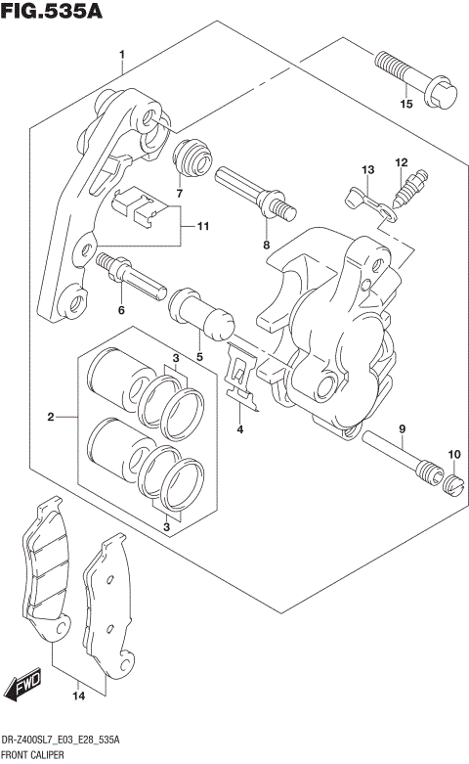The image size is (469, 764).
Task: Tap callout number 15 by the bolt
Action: pyautogui.click(x=405, y=104)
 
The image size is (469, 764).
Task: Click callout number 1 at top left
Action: pyautogui.click(x=121, y=54)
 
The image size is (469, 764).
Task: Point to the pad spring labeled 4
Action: pyautogui.click(x=238, y=375)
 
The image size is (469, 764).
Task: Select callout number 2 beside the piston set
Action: pyautogui.click(x=50, y=419)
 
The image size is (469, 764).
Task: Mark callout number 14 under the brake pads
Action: pyautogui.click(x=78, y=696)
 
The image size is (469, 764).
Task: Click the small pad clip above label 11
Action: pyautogui.click(x=135, y=203)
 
